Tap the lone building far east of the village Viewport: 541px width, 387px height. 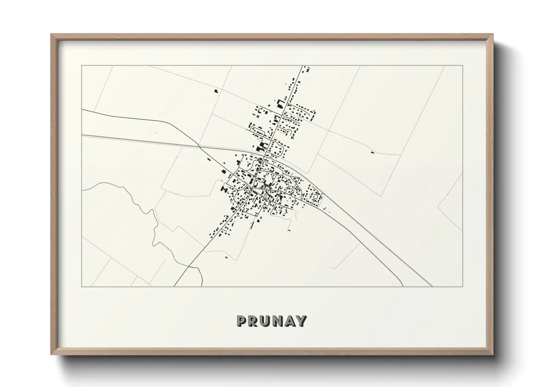[372, 152]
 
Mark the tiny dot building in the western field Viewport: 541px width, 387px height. [156, 133]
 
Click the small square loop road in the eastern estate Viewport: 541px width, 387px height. [315, 197]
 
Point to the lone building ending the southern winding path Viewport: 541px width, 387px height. [289, 230]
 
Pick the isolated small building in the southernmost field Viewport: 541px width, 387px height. [227, 258]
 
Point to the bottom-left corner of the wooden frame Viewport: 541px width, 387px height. [52, 354]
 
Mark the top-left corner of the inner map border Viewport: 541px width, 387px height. [82, 65]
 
